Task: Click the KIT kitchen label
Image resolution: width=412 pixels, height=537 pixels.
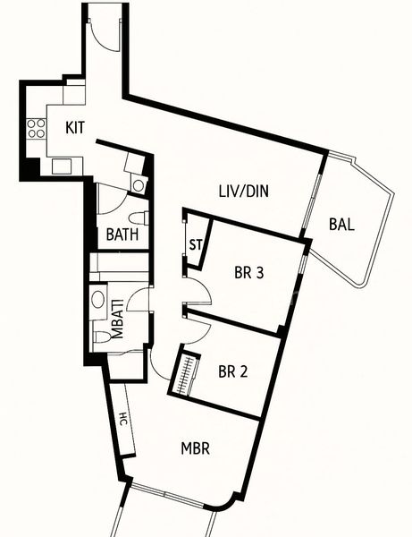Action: pos(75,128)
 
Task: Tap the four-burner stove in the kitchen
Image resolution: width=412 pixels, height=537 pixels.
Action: pos(36,127)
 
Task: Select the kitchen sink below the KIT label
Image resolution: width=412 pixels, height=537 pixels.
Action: pos(62,166)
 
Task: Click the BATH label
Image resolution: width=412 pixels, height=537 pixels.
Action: pos(122,235)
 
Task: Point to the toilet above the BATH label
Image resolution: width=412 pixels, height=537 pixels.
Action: pos(138,217)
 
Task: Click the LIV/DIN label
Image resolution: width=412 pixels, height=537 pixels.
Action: pos(244,191)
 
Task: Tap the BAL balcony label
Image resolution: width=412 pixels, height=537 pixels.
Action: pos(341,225)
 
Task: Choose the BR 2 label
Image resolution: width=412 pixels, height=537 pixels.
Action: pos(231,371)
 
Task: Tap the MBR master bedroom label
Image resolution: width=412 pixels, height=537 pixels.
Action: pos(195,448)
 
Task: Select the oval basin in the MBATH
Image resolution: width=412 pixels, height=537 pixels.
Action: pos(98,300)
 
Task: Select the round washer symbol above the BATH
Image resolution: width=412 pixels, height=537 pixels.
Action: pos(137,184)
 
